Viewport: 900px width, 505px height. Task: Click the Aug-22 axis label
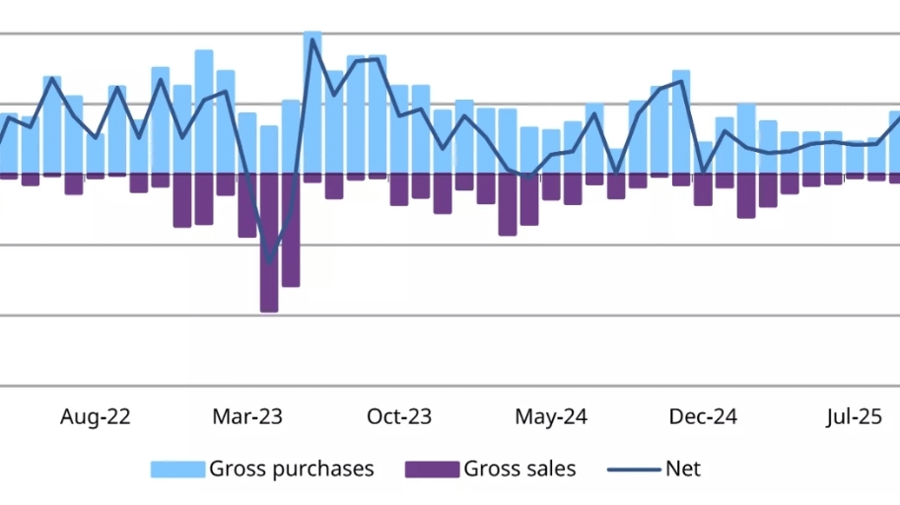click(95, 416)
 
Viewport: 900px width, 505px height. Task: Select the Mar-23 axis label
click(247, 416)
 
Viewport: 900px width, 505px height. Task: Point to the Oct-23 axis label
click(398, 416)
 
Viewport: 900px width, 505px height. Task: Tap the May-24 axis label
click(551, 416)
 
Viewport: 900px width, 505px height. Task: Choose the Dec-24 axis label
click(703, 416)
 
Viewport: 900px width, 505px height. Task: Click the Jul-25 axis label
click(854, 416)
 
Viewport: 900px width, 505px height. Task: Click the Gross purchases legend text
click(292, 469)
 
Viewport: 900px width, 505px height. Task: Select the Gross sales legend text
click(519, 469)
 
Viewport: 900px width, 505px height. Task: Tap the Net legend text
click(683, 469)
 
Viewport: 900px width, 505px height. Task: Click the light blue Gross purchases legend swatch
click(177, 469)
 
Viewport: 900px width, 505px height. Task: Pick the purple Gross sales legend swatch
click(432, 469)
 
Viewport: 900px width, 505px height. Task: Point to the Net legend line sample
click(633, 469)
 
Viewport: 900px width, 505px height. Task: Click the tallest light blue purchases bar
click(312, 99)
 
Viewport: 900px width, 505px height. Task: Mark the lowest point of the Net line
click(269, 262)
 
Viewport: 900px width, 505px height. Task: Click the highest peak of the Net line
click(312, 40)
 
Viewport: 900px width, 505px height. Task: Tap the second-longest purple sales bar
click(291, 232)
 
